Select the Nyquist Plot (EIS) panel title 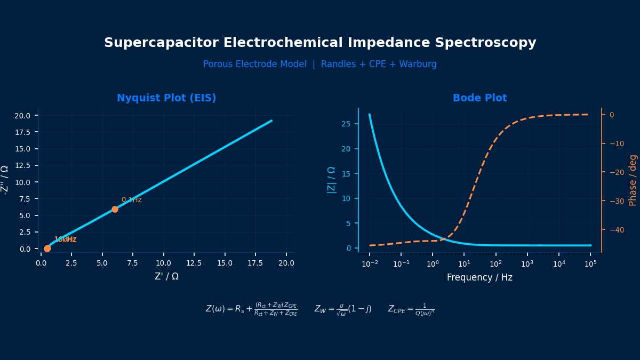click(166, 98)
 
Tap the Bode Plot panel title click(479, 98)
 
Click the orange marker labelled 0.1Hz click(115, 210)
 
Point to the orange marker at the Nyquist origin click(47, 249)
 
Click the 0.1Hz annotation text click(131, 200)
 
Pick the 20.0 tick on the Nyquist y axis click(26, 116)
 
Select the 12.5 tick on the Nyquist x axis click(194, 263)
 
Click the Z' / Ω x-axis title click(166, 276)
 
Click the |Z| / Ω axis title click(331, 180)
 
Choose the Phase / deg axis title click(633, 180)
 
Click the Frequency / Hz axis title click(479, 277)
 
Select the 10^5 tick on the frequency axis click(590, 263)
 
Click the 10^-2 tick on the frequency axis click(369, 263)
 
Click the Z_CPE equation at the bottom click(411, 309)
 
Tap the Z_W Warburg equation click(342, 309)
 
